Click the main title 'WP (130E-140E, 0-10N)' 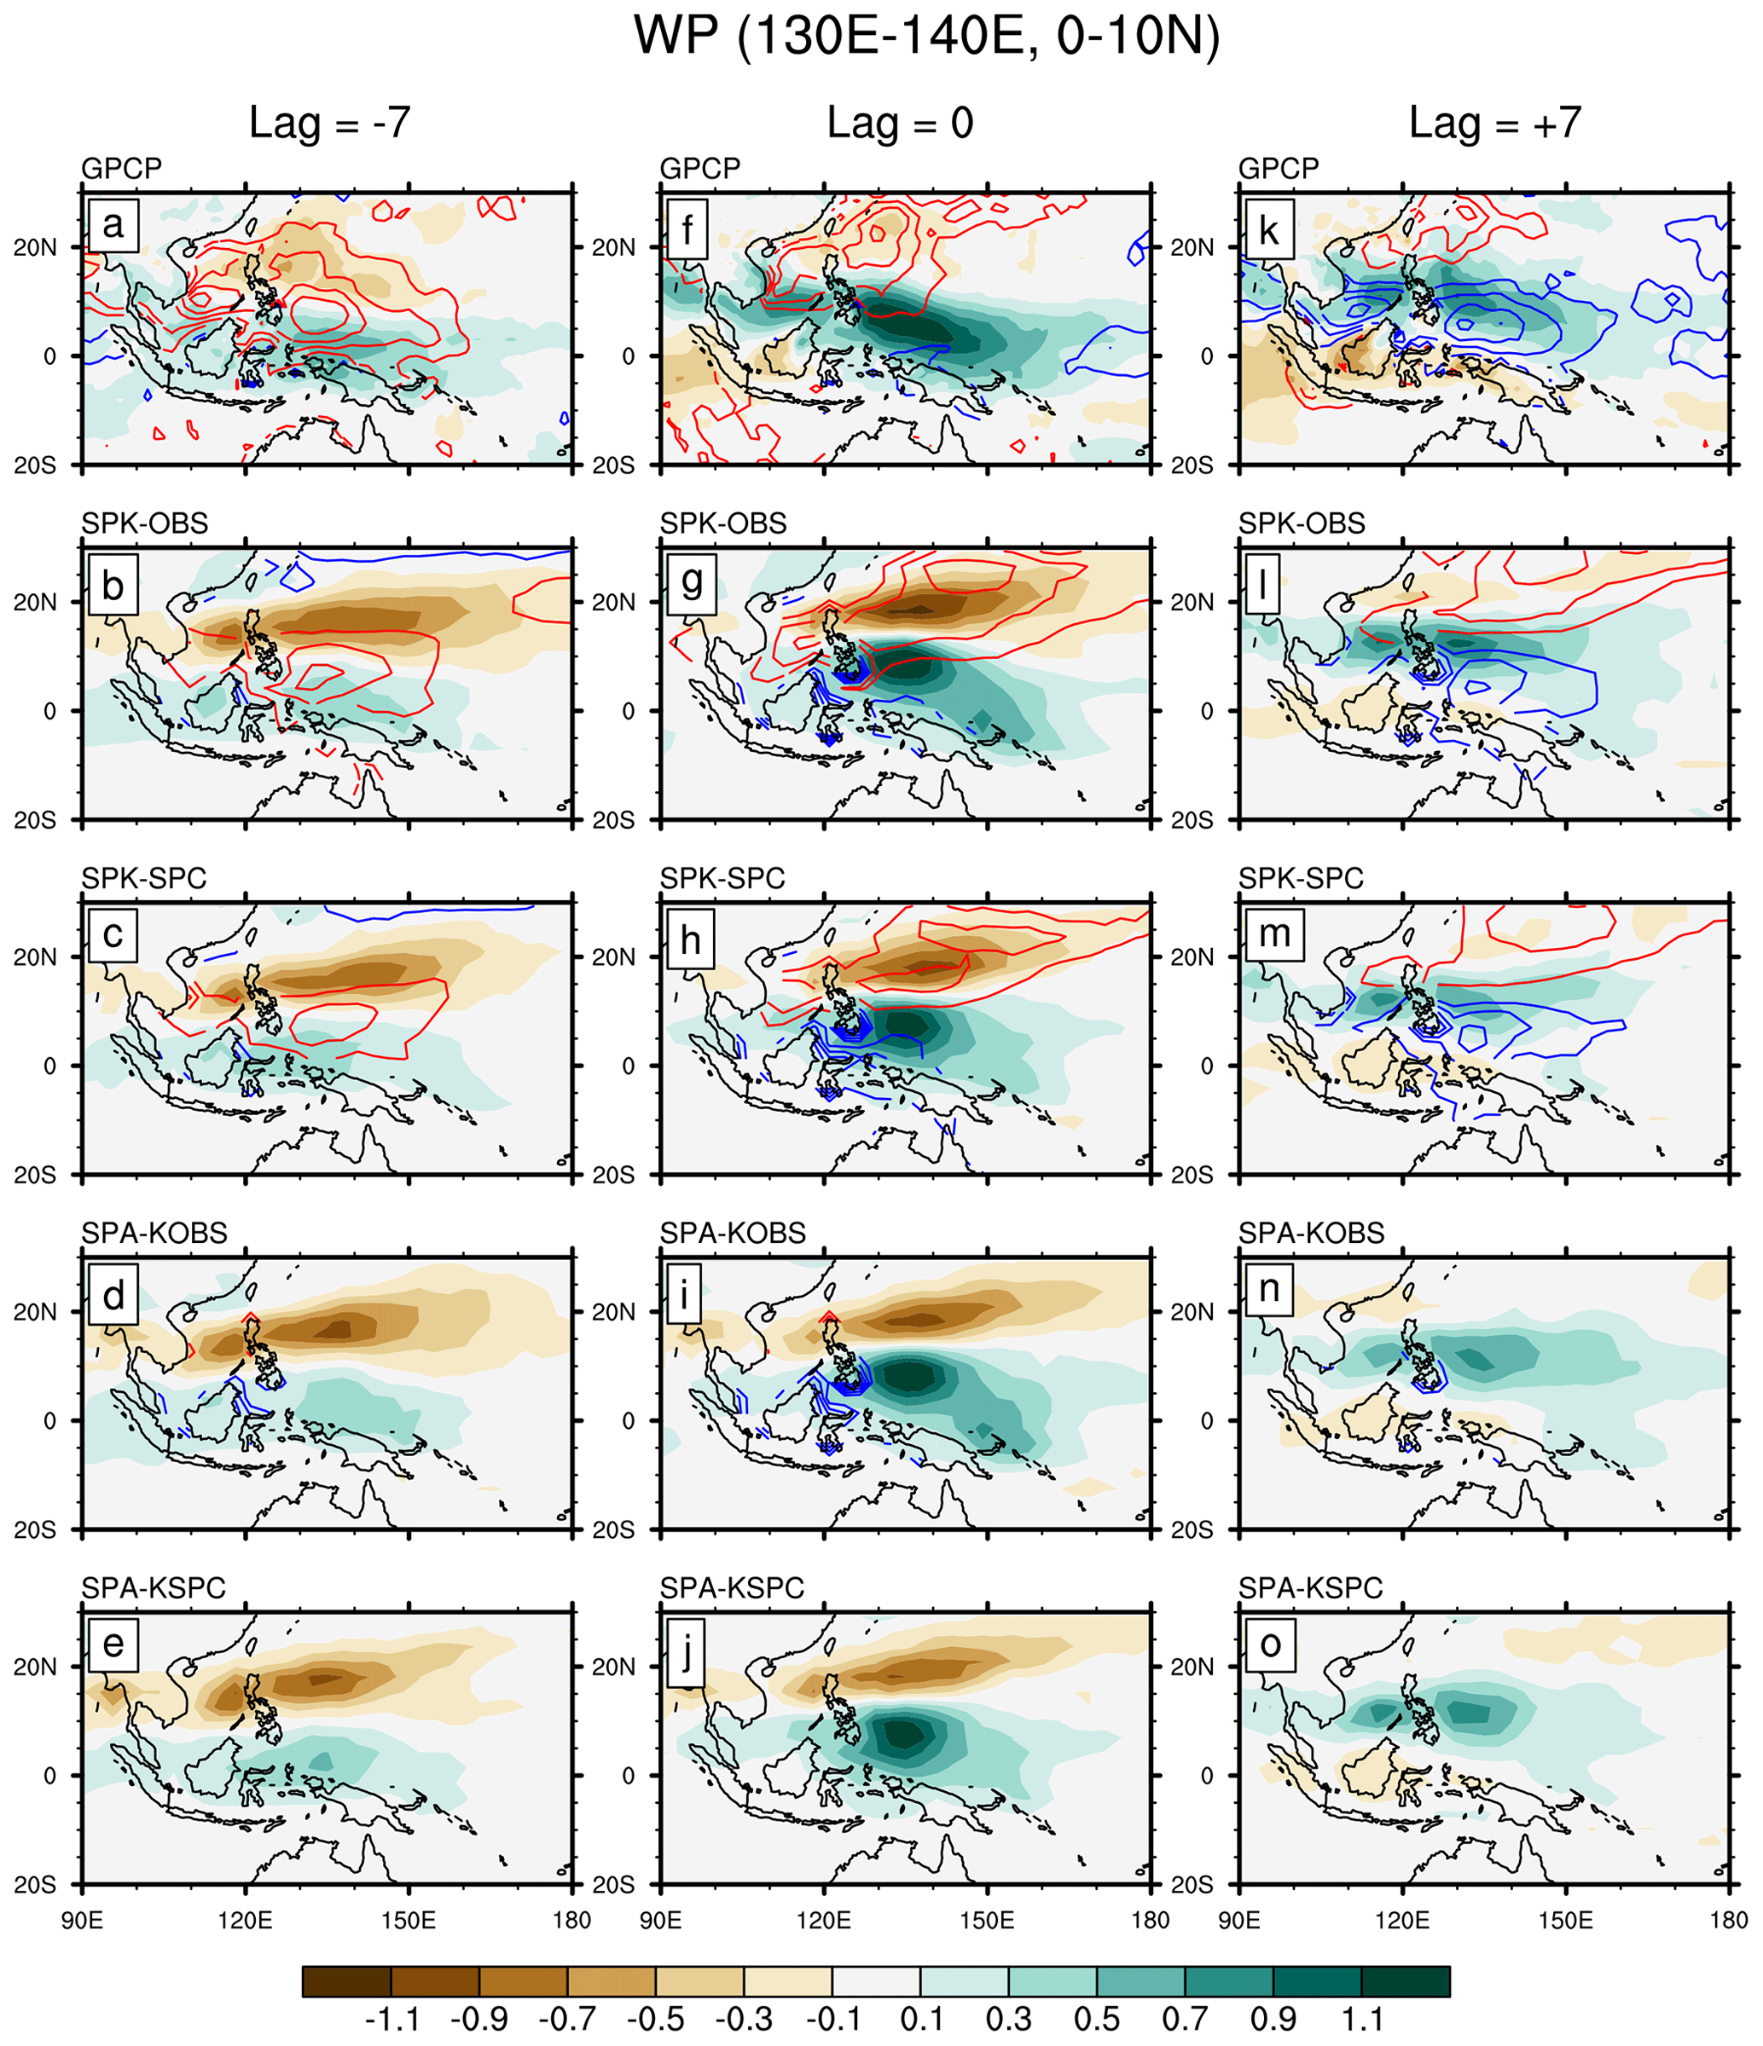pos(926,37)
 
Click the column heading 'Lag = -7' pos(329,123)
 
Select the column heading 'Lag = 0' pos(900,123)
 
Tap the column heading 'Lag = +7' pos(1494,123)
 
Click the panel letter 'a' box pos(113,225)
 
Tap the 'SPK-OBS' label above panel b pos(144,523)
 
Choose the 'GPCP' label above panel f pos(699,168)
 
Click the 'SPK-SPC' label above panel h pos(722,877)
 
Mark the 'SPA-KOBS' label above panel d pos(154,1233)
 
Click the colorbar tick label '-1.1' pos(392,2019)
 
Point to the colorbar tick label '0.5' pos(1096,2019)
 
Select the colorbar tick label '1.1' pos(1362,2019)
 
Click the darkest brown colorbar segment pos(346,1981)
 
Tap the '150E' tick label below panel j pos(987,1920)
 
